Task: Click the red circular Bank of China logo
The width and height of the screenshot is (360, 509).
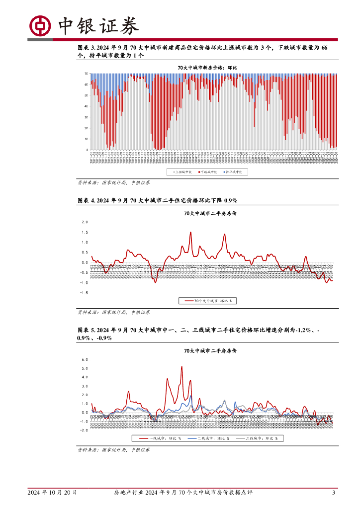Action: (40, 25)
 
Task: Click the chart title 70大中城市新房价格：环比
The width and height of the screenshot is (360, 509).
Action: (208, 67)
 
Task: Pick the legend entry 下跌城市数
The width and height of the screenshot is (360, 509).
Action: (209, 172)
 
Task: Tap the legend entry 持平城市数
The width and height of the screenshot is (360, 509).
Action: (235, 172)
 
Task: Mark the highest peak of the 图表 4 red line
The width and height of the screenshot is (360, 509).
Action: (190, 232)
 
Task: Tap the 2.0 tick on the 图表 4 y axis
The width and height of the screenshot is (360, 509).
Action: (84, 222)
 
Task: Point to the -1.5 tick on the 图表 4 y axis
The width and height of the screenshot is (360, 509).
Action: (84, 293)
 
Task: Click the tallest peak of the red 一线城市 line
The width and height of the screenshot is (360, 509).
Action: (181, 367)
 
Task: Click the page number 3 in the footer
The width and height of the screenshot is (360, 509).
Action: (333, 493)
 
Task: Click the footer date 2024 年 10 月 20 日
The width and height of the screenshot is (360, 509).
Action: (52, 493)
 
